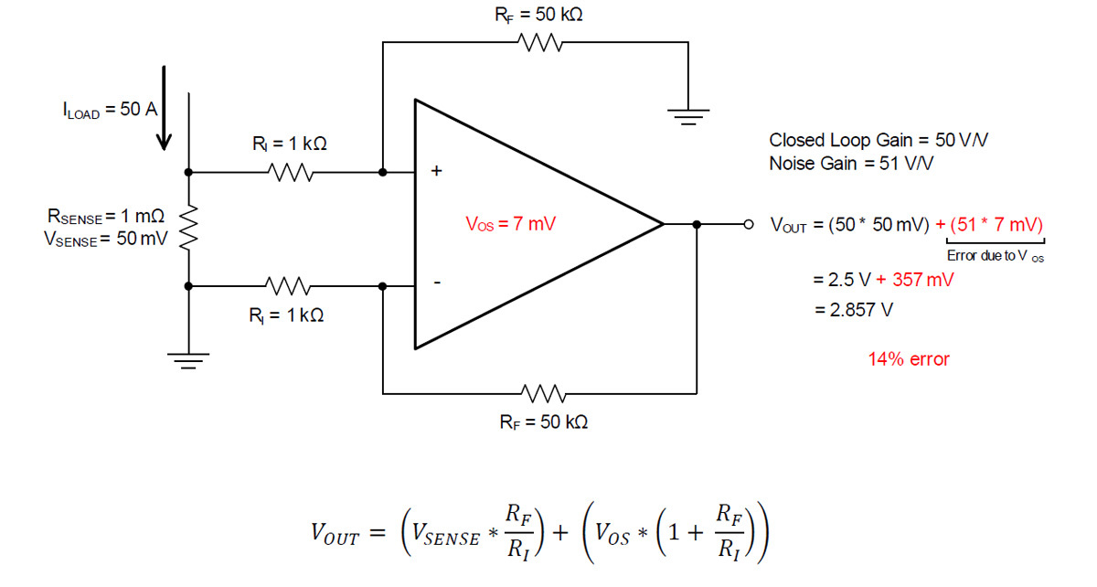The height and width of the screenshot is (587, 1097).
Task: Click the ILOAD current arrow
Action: pyautogui.click(x=164, y=108)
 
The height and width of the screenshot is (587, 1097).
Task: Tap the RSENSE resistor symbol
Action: pyautogui.click(x=188, y=228)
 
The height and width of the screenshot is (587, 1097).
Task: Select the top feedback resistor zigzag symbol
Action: pyautogui.click(x=540, y=42)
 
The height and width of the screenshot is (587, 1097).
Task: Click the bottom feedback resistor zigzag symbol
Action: pyautogui.click(x=543, y=393)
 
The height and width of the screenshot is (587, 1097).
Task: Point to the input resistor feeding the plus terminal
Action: pyautogui.click(x=291, y=173)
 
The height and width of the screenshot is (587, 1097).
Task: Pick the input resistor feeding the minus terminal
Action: pyautogui.click(x=287, y=286)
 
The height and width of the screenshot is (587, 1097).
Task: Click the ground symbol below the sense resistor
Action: pyautogui.click(x=188, y=360)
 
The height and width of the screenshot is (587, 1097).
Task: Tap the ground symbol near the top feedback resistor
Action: pyautogui.click(x=688, y=117)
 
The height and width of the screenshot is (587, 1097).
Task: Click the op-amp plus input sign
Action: pyautogui.click(x=436, y=170)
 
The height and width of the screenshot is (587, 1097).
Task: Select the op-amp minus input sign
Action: pyautogui.click(x=437, y=283)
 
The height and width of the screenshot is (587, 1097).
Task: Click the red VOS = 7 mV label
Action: pyautogui.click(x=511, y=224)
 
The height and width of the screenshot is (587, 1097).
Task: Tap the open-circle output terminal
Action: pyautogui.click(x=749, y=224)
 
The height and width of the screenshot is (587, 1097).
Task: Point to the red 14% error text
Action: pyautogui.click(x=909, y=359)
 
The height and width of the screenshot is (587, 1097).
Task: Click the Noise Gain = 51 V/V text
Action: pyautogui.click(x=851, y=163)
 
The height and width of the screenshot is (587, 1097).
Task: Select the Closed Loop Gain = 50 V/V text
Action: pyautogui.click(x=879, y=140)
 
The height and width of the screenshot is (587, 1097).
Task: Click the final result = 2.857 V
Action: pyautogui.click(x=854, y=310)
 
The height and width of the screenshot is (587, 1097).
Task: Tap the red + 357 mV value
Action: pyautogui.click(x=915, y=280)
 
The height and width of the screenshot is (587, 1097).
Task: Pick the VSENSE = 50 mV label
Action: pyautogui.click(x=106, y=239)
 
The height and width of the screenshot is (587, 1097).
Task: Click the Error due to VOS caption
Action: pyautogui.click(x=996, y=256)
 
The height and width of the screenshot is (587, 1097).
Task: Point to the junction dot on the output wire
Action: pyautogui.click(x=697, y=224)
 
